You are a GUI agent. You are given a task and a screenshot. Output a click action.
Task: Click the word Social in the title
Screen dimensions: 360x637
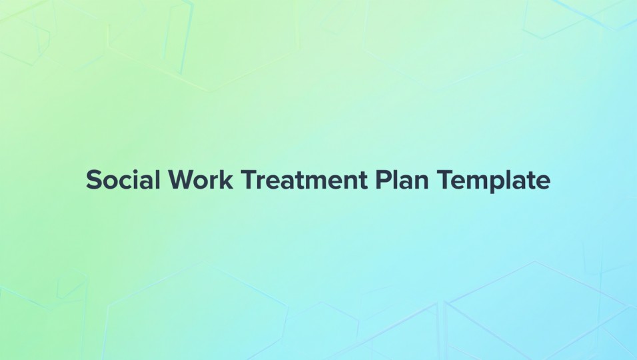[121, 181]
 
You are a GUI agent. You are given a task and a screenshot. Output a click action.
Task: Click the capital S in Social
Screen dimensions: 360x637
[94, 181]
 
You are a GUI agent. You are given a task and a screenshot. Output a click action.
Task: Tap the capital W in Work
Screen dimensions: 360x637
[179, 181]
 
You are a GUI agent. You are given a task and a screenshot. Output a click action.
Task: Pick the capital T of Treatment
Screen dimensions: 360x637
[248, 181]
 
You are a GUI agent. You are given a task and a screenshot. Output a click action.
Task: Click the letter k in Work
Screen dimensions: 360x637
[227, 181]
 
